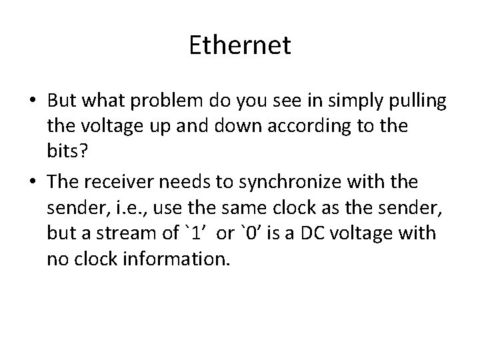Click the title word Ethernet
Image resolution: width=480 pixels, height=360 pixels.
click(240, 46)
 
